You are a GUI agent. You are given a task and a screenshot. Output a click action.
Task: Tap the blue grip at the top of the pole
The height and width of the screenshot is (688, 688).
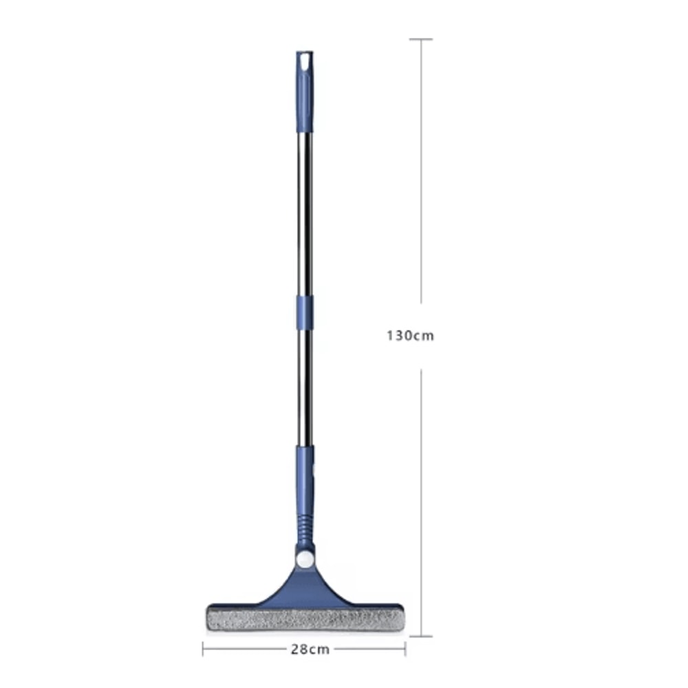(x=304, y=96)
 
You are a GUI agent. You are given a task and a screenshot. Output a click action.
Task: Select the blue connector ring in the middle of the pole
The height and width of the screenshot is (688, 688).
(x=305, y=312)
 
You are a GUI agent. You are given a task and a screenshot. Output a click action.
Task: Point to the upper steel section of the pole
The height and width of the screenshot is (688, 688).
(x=305, y=213)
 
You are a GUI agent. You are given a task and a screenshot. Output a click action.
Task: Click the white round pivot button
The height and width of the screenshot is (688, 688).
(x=305, y=557)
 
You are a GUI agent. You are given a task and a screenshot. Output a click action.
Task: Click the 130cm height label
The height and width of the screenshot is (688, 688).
(x=410, y=336)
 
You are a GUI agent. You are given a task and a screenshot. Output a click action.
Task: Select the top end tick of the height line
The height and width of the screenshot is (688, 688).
(x=421, y=39)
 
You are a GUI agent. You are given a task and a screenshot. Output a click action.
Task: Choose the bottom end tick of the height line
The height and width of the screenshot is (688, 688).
(x=421, y=636)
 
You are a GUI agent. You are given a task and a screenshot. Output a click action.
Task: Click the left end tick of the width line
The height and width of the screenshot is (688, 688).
(x=203, y=649)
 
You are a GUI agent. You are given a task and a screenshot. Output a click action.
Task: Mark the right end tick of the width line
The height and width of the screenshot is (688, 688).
(x=405, y=649)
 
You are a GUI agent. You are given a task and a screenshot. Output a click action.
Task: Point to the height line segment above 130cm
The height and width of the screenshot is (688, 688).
(x=421, y=172)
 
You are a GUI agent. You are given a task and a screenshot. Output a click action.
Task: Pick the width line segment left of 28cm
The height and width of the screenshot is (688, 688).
(x=244, y=649)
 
